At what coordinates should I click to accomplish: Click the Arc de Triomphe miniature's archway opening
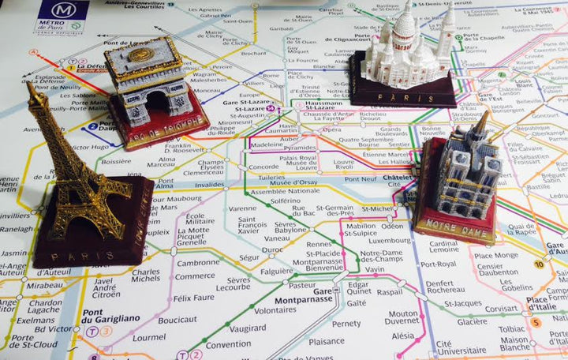(x=158, y=101)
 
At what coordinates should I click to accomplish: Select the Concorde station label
(x=263, y=167)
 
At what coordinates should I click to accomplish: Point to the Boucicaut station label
(x=177, y=320)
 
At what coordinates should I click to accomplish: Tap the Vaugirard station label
(x=249, y=328)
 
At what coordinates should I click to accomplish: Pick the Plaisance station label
(x=326, y=342)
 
